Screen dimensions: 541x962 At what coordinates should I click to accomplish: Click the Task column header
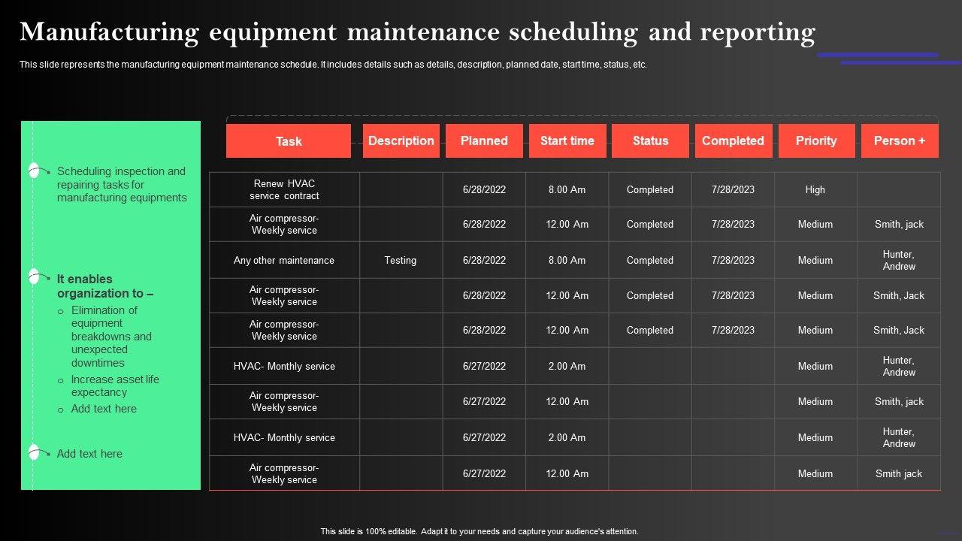[x=289, y=141]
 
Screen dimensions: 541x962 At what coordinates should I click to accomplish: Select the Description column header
[x=401, y=141]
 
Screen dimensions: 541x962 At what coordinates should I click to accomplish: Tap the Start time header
[x=567, y=141]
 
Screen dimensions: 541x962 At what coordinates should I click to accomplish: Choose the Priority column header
[x=816, y=141]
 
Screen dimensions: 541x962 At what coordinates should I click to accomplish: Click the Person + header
[x=900, y=141]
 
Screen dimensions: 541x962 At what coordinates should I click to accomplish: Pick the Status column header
[x=650, y=141]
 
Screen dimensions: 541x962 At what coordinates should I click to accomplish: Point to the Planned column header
[x=484, y=141]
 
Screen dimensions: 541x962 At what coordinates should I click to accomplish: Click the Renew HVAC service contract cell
[x=284, y=189]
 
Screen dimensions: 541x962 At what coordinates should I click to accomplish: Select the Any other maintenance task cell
[x=284, y=260]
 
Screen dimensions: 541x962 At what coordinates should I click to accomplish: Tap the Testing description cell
[x=401, y=260]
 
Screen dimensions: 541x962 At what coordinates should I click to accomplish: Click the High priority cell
[x=815, y=189]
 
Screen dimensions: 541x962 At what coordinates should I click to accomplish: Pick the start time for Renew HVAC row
[x=567, y=189]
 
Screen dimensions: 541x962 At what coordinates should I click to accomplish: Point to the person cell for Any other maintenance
[x=899, y=260]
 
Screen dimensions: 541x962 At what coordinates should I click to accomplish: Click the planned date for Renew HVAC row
[x=484, y=189]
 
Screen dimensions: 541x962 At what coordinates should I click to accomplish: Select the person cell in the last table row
[x=899, y=473]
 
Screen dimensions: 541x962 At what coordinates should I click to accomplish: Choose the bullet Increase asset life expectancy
[x=115, y=385]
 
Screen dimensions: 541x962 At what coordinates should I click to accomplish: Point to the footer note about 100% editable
[x=479, y=531]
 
